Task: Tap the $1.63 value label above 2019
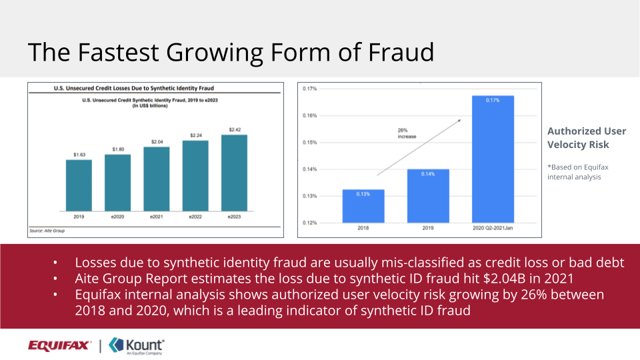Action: tap(79, 155)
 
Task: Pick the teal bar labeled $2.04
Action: tap(156, 179)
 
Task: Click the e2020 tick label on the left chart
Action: tap(117, 217)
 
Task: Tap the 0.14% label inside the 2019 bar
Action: tap(427, 173)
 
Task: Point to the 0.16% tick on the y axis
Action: tap(309, 115)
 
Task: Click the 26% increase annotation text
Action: tap(407, 133)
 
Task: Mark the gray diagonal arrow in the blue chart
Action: tap(419, 147)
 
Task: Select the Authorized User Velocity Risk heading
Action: tap(578, 138)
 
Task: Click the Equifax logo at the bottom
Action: tap(59, 345)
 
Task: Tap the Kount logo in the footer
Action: tap(137, 345)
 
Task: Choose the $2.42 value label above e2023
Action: tap(234, 129)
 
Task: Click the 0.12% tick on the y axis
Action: tap(309, 223)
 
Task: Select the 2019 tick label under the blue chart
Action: tap(427, 229)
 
